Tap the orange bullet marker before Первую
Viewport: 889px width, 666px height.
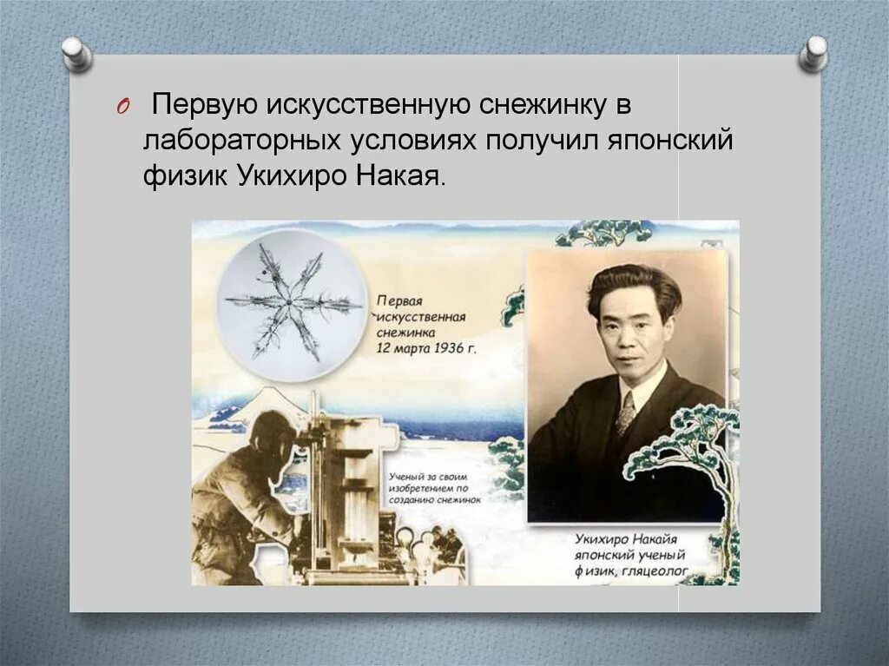122,107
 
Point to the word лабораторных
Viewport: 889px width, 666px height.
233,141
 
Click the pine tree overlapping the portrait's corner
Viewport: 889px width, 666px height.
686,443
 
